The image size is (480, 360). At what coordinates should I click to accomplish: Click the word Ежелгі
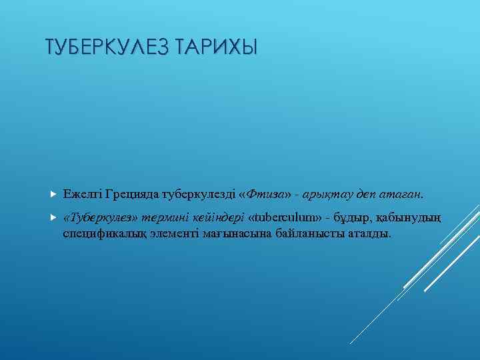click(x=81, y=195)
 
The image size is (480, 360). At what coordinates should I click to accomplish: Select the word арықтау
click(x=326, y=195)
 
